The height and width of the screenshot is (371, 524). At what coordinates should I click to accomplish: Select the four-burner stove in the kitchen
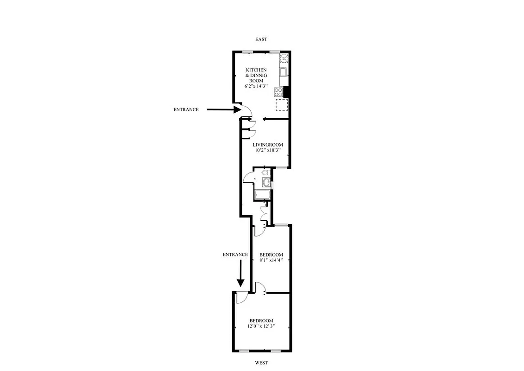point(278,91)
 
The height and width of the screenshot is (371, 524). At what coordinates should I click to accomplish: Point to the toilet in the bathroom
point(265,173)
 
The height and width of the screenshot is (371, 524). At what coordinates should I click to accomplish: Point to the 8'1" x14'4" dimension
point(271,260)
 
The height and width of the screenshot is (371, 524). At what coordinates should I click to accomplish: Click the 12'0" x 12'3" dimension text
point(261,326)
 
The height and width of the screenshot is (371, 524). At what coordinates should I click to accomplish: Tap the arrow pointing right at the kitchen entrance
point(223,110)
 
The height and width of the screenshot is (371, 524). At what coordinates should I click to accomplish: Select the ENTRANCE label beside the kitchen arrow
point(186,110)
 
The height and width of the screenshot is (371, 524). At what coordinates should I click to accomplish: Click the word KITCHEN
point(256,70)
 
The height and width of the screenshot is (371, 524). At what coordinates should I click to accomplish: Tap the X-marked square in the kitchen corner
point(284,58)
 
